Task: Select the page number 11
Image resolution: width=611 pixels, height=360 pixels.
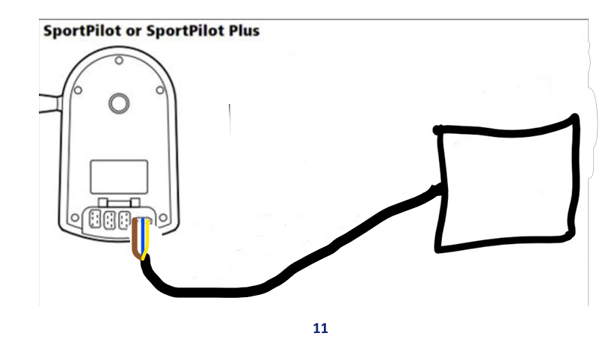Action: click(x=320, y=328)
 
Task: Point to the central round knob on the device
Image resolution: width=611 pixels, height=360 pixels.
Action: click(x=118, y=103)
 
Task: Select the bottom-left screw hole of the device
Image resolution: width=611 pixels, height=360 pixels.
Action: click(x=75, y=220)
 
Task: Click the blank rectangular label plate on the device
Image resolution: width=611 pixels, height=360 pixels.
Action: click(x=117, y=176)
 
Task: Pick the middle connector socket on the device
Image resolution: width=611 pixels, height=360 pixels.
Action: click(x=111, y=222)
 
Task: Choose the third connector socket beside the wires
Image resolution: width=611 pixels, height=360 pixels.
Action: click(x=126, y=222)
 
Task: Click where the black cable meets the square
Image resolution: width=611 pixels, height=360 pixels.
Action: click(x=437, y=189)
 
